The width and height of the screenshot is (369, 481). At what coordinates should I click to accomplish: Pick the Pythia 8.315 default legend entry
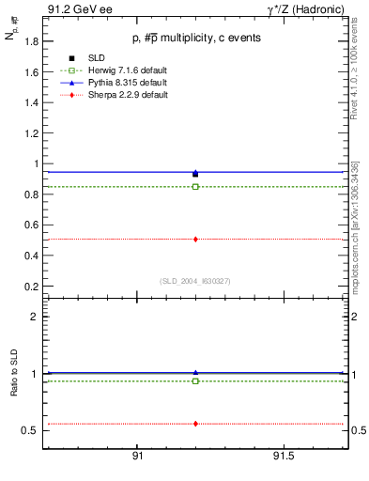(120, 82)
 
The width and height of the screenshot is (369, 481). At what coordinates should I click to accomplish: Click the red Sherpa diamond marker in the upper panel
(195, 240)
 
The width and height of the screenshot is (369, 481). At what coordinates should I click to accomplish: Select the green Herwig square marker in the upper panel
(195, 187)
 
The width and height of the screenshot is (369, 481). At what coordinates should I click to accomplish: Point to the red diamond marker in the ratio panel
(195, 424)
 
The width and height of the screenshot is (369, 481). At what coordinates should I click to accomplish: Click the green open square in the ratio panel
(195, 381)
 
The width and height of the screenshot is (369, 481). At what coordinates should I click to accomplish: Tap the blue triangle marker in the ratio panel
(195, 373)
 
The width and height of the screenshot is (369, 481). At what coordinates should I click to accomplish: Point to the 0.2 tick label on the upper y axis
(31, 286)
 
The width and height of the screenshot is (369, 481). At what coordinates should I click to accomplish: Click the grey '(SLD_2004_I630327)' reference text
(195, 280)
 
